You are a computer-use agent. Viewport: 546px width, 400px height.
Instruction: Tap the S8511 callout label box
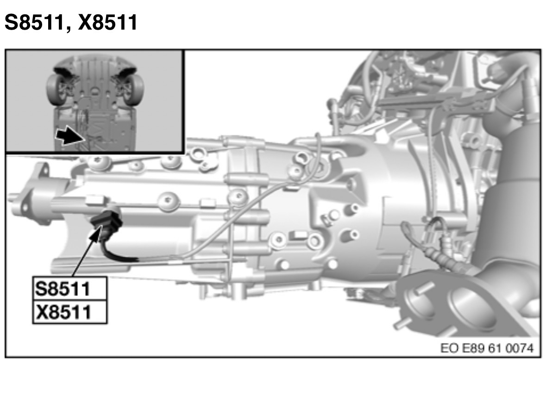(x=69, y=289)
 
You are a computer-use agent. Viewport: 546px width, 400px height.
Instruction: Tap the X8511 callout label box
(x=69, y=312)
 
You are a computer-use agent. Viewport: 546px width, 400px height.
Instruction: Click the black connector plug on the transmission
(x=106, y=222)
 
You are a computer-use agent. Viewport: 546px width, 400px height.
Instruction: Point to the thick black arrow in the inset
(x=69, y=135)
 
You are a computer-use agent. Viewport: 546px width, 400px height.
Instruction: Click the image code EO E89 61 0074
(x=487, y=348)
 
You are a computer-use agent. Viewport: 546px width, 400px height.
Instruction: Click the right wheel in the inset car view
(x=134, y=88)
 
